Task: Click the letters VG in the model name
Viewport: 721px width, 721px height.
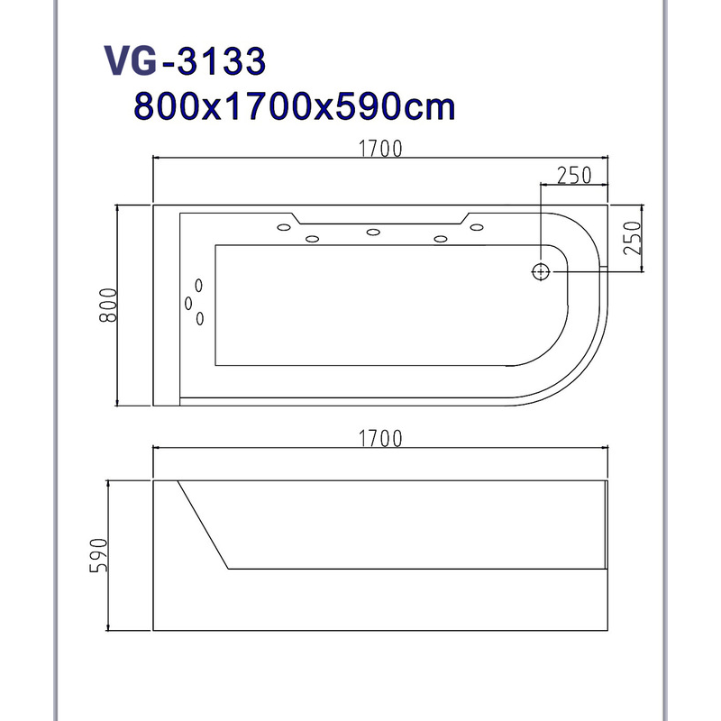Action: (x=131, y=60)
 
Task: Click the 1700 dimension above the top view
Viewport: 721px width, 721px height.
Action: (x=379, y=149)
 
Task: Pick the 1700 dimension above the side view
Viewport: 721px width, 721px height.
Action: (x=379, y=438)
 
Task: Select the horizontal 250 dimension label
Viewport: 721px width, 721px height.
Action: (x=574, y=175)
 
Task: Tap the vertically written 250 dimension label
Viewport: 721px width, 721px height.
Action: (x=633, y=238)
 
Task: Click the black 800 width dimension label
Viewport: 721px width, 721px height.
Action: (x=108, y=305)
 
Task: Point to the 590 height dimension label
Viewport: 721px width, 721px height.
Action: (x=99, y=555)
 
